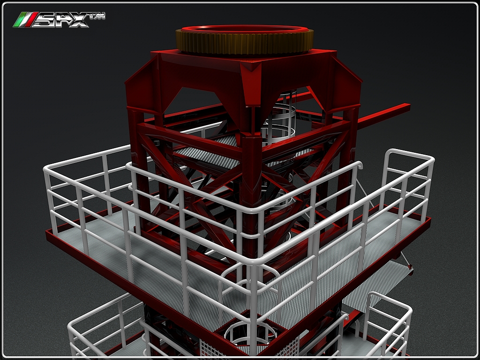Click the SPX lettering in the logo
tap(61, 20)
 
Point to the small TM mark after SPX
tap(97, 16)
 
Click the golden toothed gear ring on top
tap(244, 45)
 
